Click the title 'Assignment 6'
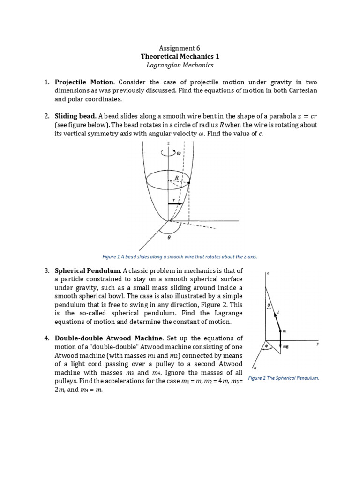click(180, 48)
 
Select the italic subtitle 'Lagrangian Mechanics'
click(180, 65)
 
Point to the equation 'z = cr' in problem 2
click(307, 117)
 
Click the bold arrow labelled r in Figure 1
click(175, 203)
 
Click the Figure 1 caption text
click(180, 257)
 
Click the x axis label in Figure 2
click(255, 368)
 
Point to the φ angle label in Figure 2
click(267, 347)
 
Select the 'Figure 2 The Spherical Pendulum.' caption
click(284, 378)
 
